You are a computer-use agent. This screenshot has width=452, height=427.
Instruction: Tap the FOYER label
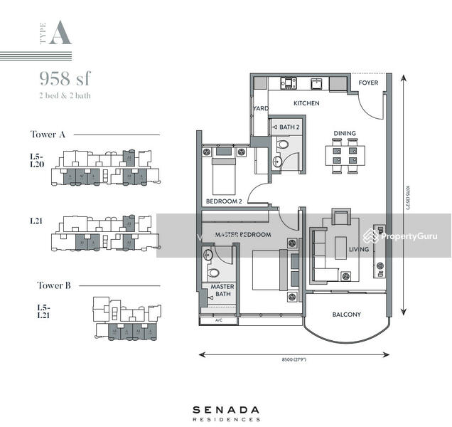pos(368,83)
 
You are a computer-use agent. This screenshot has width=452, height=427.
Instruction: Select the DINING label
pos(345,133)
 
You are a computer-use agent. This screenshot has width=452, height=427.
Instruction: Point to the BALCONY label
pos(347,314)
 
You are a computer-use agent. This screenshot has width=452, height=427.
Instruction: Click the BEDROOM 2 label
pos(224,201)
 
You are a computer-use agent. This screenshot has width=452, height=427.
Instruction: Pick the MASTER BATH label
pos(218,291)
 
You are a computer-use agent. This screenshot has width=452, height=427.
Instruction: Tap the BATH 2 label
pos(289,127)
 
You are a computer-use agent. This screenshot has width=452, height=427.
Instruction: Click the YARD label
pos(259,109)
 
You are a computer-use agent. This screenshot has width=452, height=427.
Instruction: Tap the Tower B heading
pos(54,285)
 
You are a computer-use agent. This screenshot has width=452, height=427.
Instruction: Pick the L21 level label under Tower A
pos(36,221)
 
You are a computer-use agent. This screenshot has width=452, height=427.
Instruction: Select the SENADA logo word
pos(225,410)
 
